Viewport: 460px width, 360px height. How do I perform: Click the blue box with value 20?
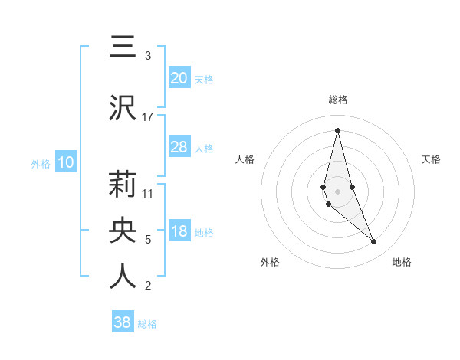[179, 77]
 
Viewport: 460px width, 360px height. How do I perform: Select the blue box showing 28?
[179, 146]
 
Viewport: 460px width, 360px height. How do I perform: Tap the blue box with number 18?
[179, 232]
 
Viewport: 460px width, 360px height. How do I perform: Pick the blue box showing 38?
[123, 322]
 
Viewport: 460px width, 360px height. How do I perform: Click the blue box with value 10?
[65, 162]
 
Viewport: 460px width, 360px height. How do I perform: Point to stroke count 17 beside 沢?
[148, 116]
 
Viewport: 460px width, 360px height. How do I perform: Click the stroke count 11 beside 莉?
[148, 194]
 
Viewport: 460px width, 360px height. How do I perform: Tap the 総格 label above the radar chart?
[337, 100]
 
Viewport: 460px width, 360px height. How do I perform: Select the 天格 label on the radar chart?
[432, 159]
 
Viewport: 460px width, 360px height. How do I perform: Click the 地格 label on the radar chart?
[402, 262]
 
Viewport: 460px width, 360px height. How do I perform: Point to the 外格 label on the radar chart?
[270, 262]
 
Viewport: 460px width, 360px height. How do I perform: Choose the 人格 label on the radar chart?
[245, 159]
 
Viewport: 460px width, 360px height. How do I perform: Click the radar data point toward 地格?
[374, 241]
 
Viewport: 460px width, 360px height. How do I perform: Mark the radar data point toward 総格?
[337, 130]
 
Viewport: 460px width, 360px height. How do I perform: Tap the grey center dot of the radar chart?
[337, 191]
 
